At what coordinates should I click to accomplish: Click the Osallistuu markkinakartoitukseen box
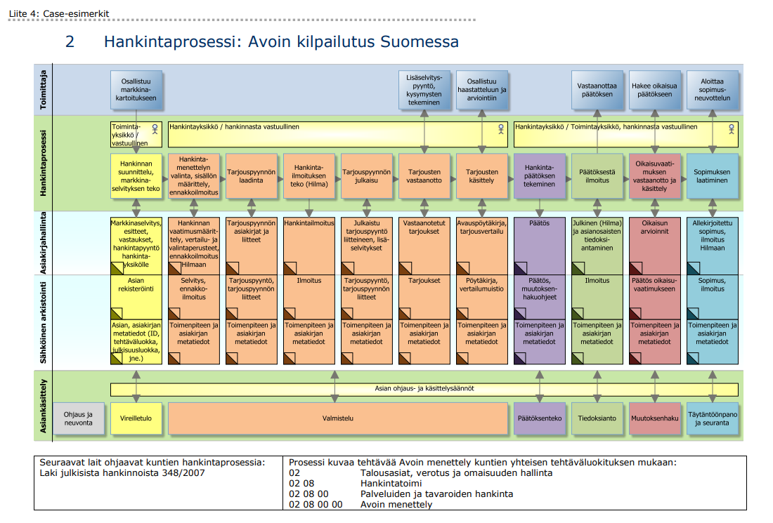(x=136, y=90)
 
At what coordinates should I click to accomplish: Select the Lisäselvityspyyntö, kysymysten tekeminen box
(x=424, y=90)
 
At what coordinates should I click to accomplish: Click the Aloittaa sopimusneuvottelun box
(x=713, y=90)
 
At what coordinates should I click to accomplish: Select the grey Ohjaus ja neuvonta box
(x=79, y=418)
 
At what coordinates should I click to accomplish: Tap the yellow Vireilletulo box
(x=136, y=418)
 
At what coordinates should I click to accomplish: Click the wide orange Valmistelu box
(x=337, y=418)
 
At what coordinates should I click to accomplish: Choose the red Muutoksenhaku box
(x=655, y=418)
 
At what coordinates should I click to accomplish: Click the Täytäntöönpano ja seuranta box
(x=713, y=418)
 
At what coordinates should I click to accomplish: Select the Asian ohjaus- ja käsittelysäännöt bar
(x=424, y=389)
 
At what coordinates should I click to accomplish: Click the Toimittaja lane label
(x=44, y=90)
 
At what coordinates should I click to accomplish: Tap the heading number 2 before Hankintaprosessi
(x=70, y=41)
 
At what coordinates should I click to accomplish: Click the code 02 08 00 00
(x=316, y=504)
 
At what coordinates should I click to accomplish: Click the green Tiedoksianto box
(x=597, y=418)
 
